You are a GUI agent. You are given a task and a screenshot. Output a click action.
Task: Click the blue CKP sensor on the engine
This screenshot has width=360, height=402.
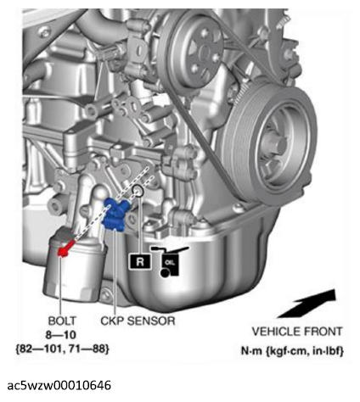click(118, 213)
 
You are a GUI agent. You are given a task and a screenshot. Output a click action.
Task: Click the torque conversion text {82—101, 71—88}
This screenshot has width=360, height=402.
click(62, 347)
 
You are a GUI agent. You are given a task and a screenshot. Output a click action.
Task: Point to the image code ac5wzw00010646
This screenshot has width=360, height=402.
click(59, 385)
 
